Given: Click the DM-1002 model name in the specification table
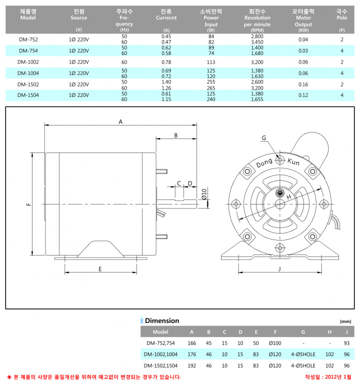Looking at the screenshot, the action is pos(28,62).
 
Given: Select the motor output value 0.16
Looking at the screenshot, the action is pos(303,84).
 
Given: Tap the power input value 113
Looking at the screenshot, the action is pos(211,62).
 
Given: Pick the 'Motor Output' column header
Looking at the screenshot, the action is pos(303,21).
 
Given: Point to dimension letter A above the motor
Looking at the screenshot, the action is pos(120,121).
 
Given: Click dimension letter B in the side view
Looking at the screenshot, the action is pos(176,135).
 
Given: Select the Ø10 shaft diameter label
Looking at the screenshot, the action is pos(204,194).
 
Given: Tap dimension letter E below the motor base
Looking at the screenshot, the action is pos(100,269).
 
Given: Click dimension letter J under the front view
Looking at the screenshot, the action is pos(279,268).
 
